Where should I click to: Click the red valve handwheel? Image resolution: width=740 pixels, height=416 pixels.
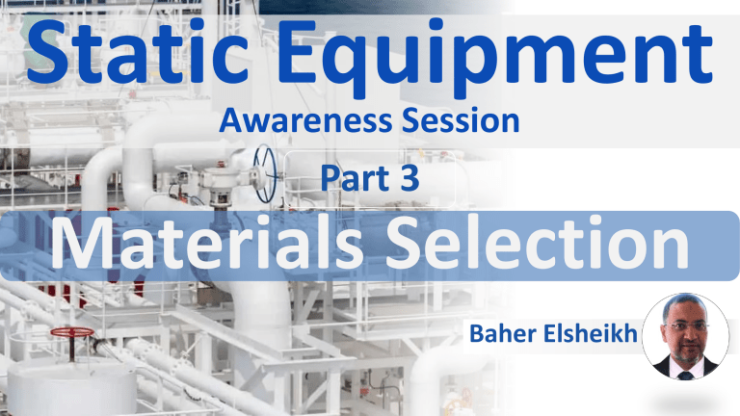pyautogui.click(x=73, y=333)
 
